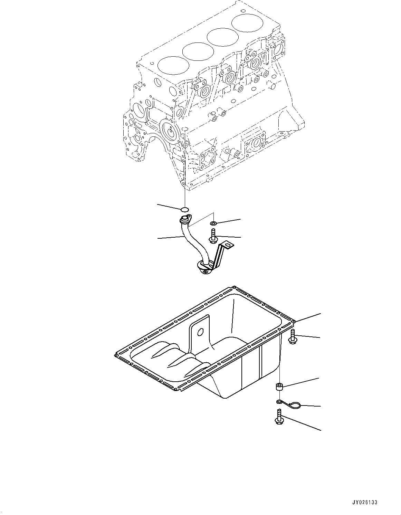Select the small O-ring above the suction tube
[185, 209]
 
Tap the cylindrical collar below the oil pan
[279, 387]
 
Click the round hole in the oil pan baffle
[199, 332]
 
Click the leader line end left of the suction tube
[158, 238]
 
